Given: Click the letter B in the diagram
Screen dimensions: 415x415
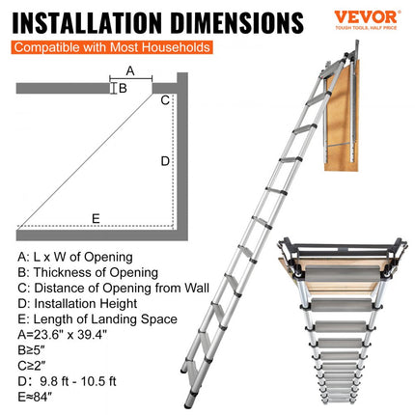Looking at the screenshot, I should [x=123, y=88].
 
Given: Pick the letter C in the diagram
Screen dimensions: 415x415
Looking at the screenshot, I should [x=165, y=99].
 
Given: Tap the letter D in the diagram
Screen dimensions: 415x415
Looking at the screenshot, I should [x=165, y=160].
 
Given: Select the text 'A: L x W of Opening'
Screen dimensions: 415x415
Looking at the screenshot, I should [x=75, y=257].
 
